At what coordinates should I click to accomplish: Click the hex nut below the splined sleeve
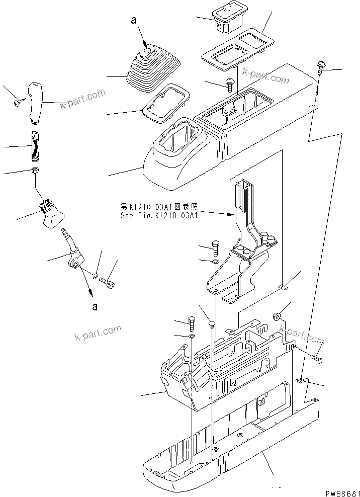(x=35, y=171)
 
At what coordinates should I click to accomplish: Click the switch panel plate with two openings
(x=235, y=48)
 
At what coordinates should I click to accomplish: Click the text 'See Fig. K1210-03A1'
(x=159, y=214)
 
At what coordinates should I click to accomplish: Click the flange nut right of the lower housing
(x=276, y=317)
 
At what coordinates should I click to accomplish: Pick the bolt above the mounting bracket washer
(x=215, y=246)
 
